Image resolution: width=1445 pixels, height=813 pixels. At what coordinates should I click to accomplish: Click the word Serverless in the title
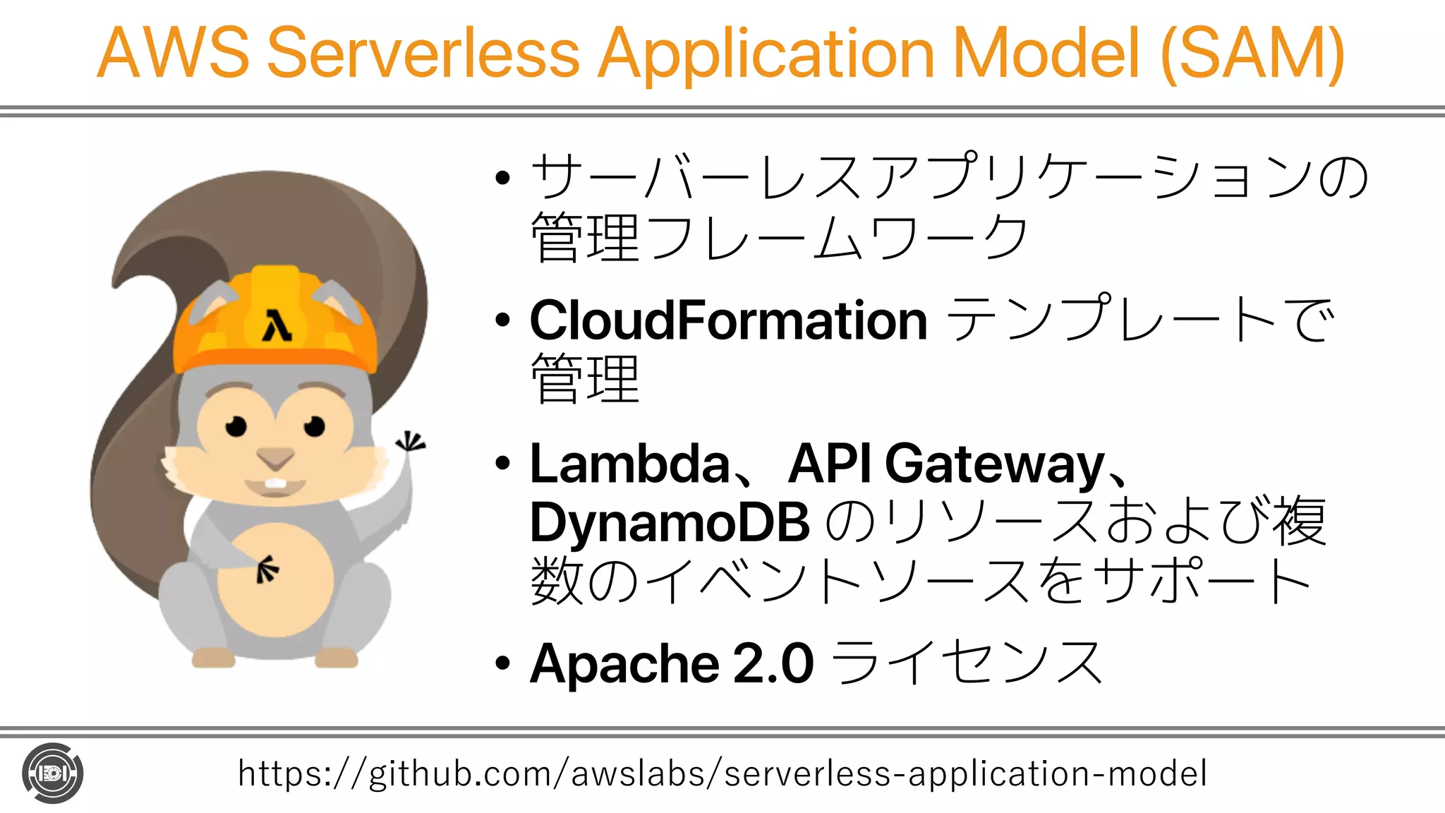423,53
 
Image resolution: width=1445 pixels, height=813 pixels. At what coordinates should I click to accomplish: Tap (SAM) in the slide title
1252,53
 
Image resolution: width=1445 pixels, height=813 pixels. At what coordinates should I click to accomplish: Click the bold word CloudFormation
728,321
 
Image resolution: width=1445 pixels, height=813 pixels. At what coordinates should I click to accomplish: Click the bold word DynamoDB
669,523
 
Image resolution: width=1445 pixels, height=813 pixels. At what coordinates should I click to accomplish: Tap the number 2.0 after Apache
773,663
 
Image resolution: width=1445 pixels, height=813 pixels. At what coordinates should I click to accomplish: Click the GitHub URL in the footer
722,773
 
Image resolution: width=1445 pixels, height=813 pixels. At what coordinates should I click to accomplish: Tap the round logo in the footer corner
53,773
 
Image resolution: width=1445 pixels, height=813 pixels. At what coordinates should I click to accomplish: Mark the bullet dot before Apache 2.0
502,664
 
